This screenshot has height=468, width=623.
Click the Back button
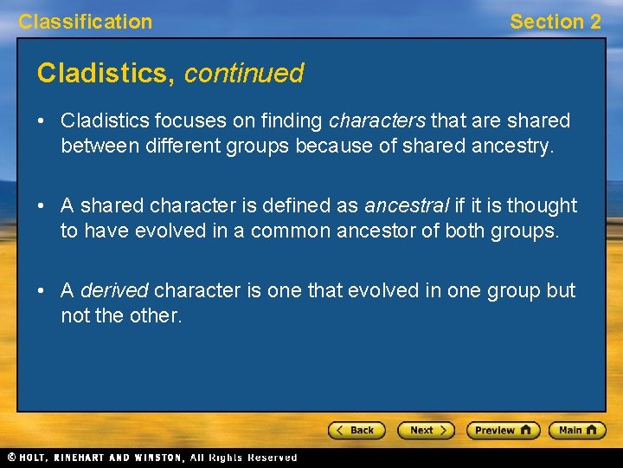(356, 430)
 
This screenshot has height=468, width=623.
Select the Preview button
(503, 430)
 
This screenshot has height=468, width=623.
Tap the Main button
(577, 430)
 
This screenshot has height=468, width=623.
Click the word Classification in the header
(85, 22)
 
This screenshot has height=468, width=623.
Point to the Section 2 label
(555, 22)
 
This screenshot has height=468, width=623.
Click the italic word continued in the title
(244, 74)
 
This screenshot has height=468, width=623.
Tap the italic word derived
(114, 290)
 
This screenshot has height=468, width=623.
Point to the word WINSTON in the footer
(157, 458)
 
